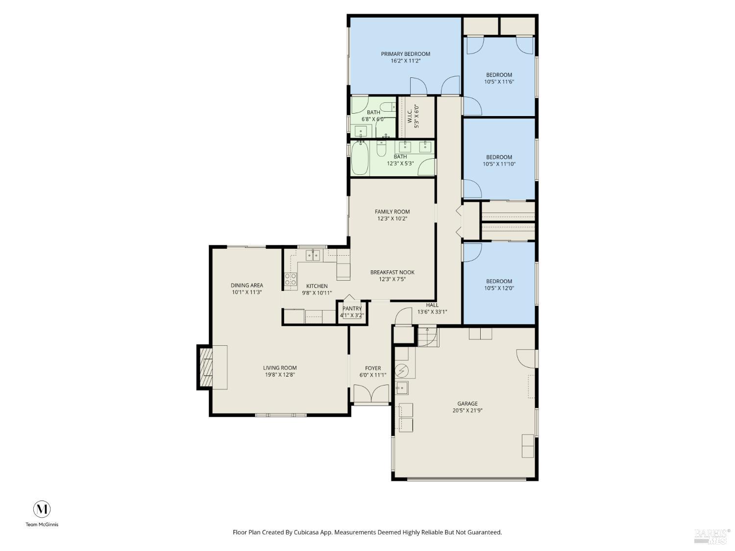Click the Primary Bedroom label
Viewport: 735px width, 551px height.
point(405,54)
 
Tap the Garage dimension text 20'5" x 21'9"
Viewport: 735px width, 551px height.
point(467,411)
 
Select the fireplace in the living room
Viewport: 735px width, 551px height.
point(206,367)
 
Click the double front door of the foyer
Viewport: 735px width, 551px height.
point(371,394)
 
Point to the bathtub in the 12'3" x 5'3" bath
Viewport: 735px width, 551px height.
point(360,158)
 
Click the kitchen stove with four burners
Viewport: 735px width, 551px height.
point(291,280)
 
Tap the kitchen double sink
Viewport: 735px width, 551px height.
point(313,255)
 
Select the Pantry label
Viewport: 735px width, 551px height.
point(352,309)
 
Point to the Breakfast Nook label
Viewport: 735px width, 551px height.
point(392,272)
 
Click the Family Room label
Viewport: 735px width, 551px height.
point(392,212)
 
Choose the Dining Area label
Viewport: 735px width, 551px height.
point(247,285)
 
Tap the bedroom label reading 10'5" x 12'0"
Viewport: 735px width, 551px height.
point(499,288)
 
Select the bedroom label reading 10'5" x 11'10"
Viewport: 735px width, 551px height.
point(499,165)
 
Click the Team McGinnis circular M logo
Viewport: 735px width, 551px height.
point(42,509)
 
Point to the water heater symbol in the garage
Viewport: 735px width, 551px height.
point(402,371)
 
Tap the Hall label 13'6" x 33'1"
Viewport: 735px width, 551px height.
point(432,311)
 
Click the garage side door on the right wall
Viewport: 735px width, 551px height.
point(526,358)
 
